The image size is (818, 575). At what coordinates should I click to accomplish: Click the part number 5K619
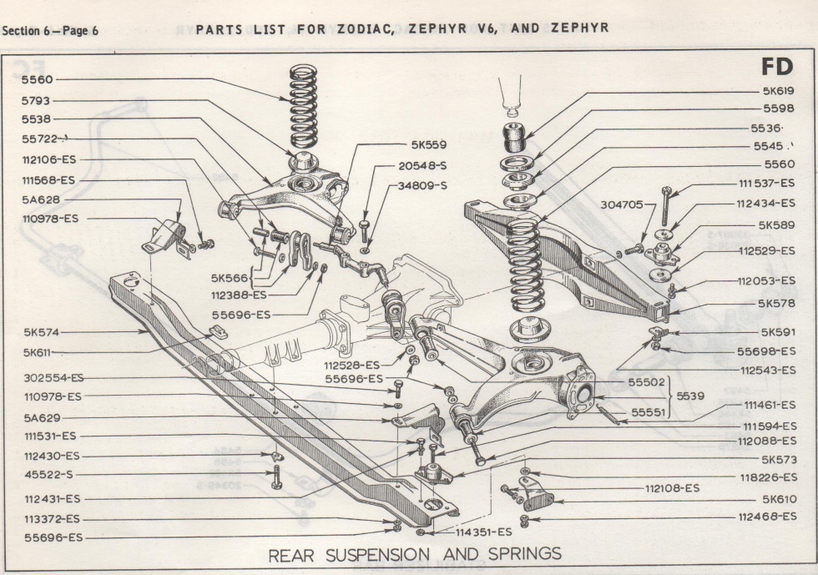click(x=777, y=91)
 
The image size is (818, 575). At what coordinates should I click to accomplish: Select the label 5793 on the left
click(x=38, y=100)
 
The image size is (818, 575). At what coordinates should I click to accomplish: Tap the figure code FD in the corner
click(x=776, y=67)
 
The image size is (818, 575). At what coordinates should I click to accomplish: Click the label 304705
click(x=622, y=204)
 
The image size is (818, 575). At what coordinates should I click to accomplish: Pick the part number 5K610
click(x=778, y=499)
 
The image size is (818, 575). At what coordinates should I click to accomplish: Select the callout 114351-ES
click(x=483, y=532)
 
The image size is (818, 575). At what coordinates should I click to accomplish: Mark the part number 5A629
click(x=42, y=417)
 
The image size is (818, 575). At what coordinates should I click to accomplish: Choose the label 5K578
click(x=776, y=303)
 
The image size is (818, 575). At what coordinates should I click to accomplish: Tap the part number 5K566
click(x=230, y=277)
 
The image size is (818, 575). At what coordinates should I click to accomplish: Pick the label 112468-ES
click(x=766, y=517)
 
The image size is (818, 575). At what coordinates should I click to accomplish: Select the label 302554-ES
click(x=53, y=377)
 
